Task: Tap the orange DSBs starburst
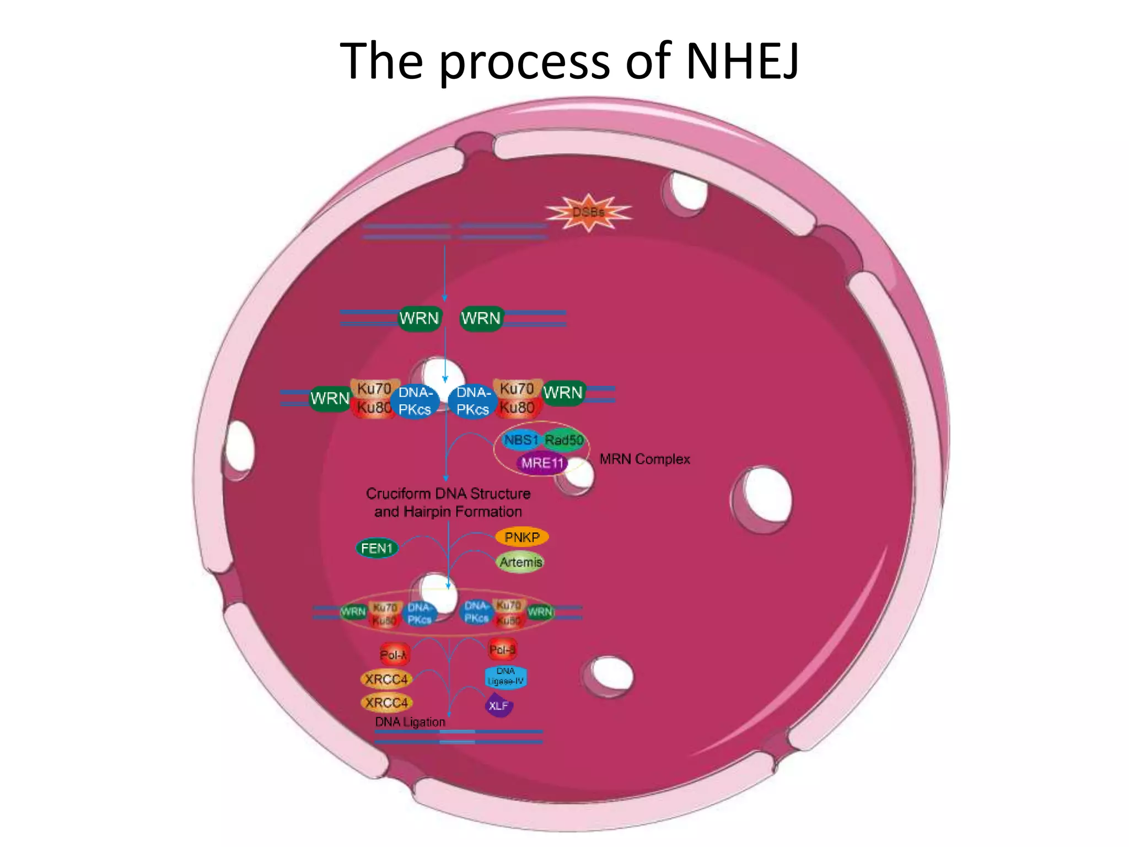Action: pyautogui.click(x=589, y=212)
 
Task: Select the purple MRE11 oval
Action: pyautogui.click(x=542, y=463)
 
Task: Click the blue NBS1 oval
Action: pyautogui.click(x=520, y=440)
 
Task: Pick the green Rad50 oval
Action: pyautogui.click(x=564, y=440)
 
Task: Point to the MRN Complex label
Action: pyautogui.click(x=644, y=459)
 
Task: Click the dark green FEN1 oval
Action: pyautogui.click(x=377, y=548)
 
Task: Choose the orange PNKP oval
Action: pyautogui.click(x=522, y=537)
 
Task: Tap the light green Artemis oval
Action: pyautogui.click(x=521, y=562)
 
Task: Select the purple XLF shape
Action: pyautogui.click(x=498, y=706)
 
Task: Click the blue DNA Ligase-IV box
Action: pyautogui.click(x=506, y=677)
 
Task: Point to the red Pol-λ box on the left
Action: pyautogui.click(x=394, y=655)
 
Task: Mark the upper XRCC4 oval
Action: pyautogui.click(x=386, y=679)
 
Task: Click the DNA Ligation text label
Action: pyautogui.click(x=410, y=722)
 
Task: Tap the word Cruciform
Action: pyautogui.click(x=398, y=494)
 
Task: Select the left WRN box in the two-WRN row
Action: pyautogui.click(x=420, y=319)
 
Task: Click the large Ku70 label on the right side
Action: pyautogui.click(x=517, y=389)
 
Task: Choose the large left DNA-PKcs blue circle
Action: pyautogui.click(x=415, y=401)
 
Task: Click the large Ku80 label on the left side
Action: pyautogui.click(x=374, y=408)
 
